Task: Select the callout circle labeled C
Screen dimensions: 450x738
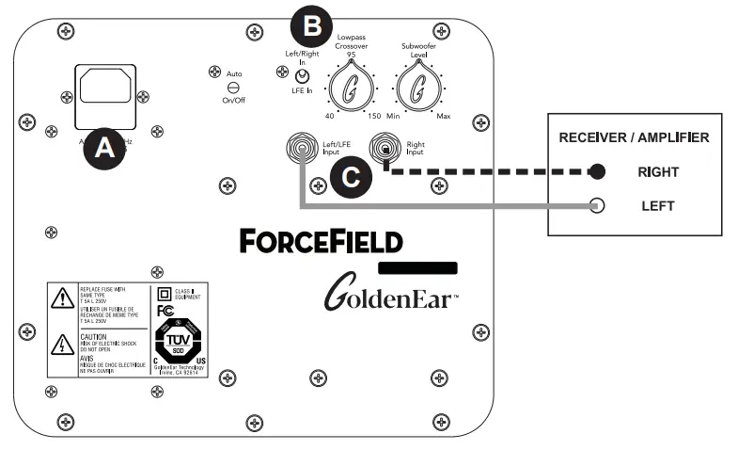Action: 349,176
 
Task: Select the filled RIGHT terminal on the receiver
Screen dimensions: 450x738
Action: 597,172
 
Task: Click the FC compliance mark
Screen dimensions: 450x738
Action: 166,309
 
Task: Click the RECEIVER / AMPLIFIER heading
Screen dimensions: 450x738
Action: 634,137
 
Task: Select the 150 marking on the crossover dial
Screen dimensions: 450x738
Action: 375,116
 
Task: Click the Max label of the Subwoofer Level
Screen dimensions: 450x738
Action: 443,116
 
